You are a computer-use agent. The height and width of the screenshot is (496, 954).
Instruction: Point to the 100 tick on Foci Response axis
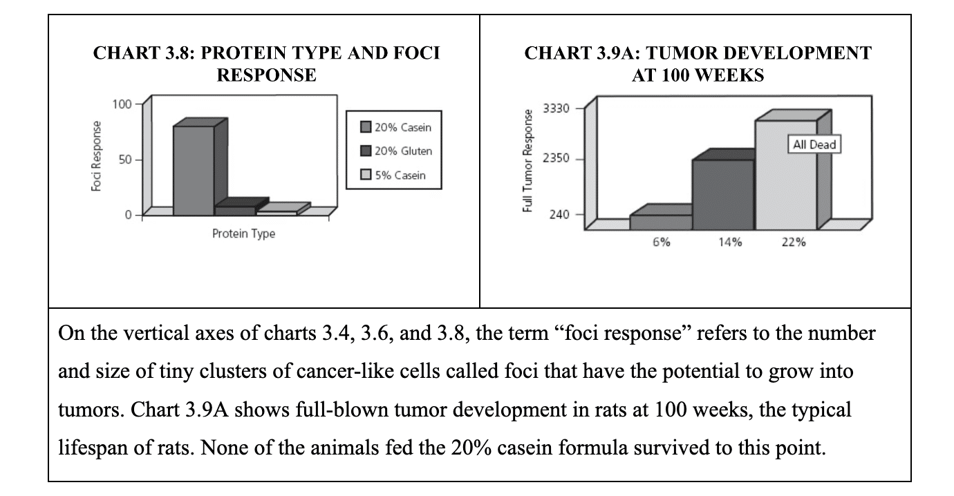[122, 104]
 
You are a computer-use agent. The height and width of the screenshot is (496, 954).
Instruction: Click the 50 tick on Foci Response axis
[125, 160]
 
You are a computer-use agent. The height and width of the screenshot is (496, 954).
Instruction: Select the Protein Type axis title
[243, 233]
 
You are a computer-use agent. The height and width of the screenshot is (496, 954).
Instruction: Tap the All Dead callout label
[814, 144]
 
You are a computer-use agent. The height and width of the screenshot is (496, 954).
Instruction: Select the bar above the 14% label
[722, 193]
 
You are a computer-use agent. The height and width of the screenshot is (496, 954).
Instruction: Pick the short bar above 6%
[660, 221]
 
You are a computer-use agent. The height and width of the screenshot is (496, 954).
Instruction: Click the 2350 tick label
[556, 159]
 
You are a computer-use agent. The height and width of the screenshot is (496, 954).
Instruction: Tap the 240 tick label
[559, 215]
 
